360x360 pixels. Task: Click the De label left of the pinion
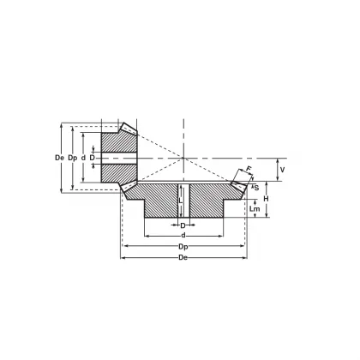(x=58, y=158)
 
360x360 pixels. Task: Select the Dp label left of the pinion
(x=73, y=158)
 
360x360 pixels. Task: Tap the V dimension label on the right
(x=284, y=170)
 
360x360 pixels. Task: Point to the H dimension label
(x=267, y=199)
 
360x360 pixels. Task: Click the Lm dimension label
(x=255, y=208)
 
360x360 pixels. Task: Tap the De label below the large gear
(x=183, y=258)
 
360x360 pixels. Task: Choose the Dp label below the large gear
(x=183, y=247)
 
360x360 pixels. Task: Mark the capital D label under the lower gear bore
(x=183, y=225)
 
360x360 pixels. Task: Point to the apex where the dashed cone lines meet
(x=184, y=158)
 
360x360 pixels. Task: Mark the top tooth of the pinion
(x=128, y=128)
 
